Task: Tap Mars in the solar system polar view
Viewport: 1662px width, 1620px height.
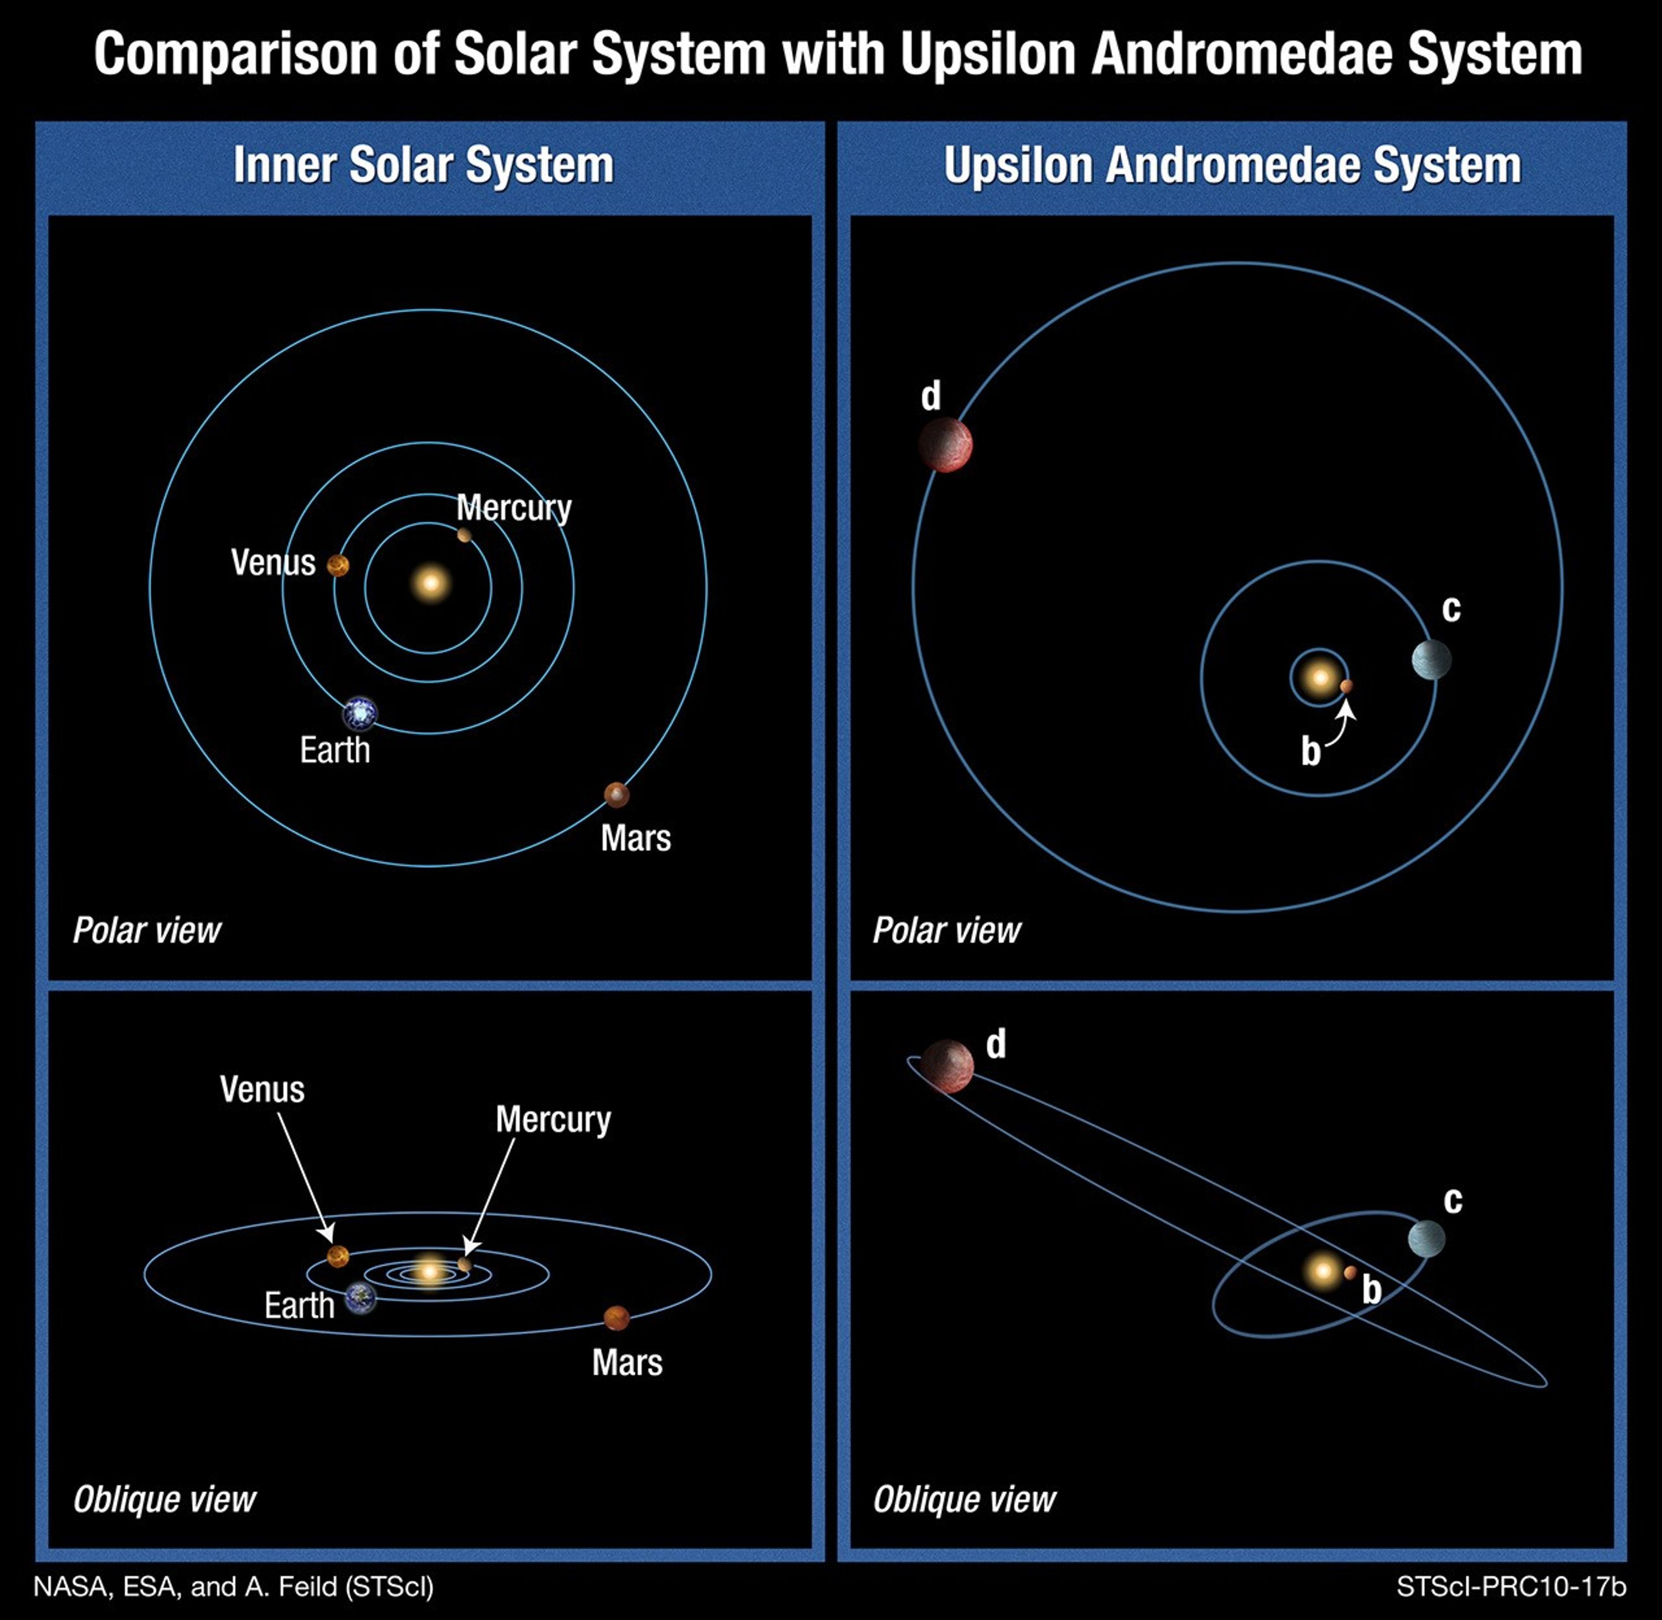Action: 616,795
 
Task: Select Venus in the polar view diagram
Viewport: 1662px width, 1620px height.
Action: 338,566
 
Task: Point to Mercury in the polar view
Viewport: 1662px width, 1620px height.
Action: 464,535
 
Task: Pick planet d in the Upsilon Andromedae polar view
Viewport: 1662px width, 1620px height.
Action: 945,444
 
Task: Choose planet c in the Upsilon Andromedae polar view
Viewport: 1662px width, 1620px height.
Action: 1430,660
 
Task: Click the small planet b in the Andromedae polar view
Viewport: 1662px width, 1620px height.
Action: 1346,686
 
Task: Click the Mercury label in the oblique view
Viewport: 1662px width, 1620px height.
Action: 553,1120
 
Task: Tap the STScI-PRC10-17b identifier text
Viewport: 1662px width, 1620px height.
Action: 1511,1587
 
